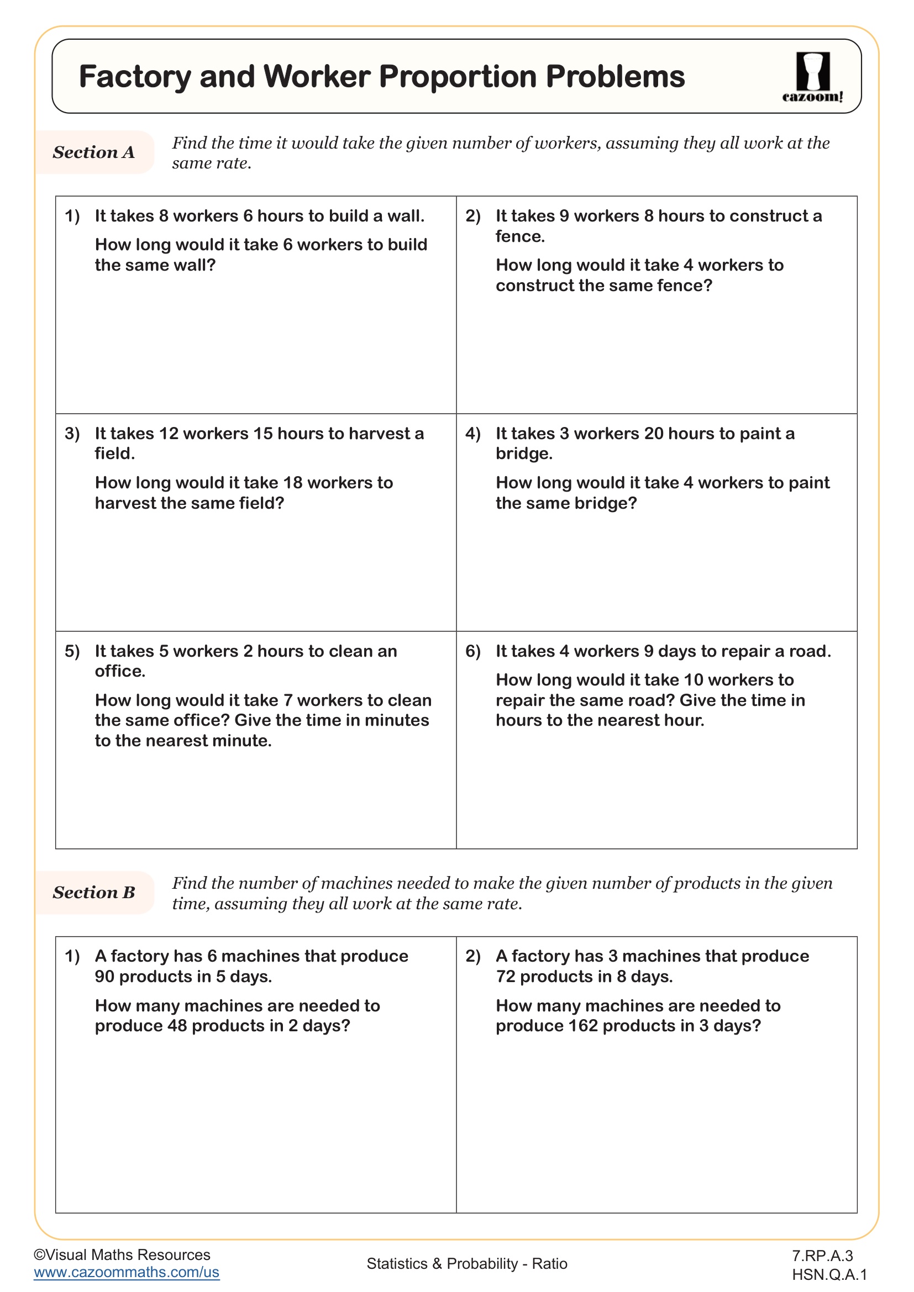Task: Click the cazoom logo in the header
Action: pos(812,77)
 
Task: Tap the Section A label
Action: pos(93,152)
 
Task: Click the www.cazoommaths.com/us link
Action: pos(126,1272)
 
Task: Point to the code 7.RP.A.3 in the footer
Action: pos(822,1256)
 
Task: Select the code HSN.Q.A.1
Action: pos(829,1274)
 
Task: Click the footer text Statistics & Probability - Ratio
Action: pos(466,1264)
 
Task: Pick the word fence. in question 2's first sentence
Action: pos(520,236)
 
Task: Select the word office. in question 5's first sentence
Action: pos(120,671)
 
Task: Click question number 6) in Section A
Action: pos(473,651)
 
